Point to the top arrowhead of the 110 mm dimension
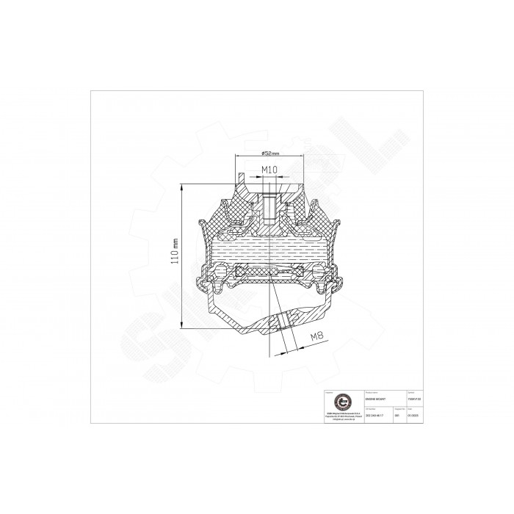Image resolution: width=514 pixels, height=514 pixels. [x=181, y=186]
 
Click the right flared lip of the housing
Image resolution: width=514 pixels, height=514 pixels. [x=336, y=223]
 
